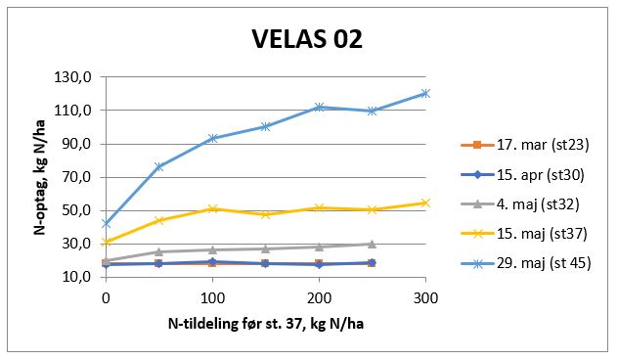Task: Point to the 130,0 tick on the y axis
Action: coord(77,77)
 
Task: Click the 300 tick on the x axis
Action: coord(425,296)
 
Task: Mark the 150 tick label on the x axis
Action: coord(265,296)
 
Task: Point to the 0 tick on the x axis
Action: coord(106,296)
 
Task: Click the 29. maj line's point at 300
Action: coord(425,94)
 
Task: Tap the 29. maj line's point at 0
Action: coord(106,223)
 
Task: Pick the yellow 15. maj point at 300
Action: coord(425,202)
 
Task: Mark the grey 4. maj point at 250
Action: coord(372,244)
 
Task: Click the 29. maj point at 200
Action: coord(319,107)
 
